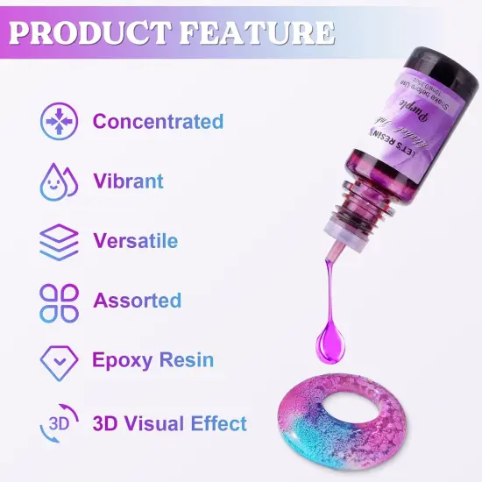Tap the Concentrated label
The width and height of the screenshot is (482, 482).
tap(158, 122)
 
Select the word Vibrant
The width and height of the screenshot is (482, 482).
tap(128, 181)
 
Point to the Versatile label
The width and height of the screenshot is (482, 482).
tap(135, 241)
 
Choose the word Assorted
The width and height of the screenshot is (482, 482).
tap(138, 301)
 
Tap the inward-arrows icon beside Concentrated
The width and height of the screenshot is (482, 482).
tap(59, 122)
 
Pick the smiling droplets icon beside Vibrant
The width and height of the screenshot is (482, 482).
tap(59, 181)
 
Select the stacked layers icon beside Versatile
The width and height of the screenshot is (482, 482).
tap(59, 241)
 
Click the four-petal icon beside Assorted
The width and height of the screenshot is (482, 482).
tap(59, 301)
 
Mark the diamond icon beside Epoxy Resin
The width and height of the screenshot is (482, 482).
tap(59, 360)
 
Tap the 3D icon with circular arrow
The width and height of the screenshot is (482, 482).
tap(59, 422)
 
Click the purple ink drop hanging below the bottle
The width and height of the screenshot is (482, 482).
tap(332, 337)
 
